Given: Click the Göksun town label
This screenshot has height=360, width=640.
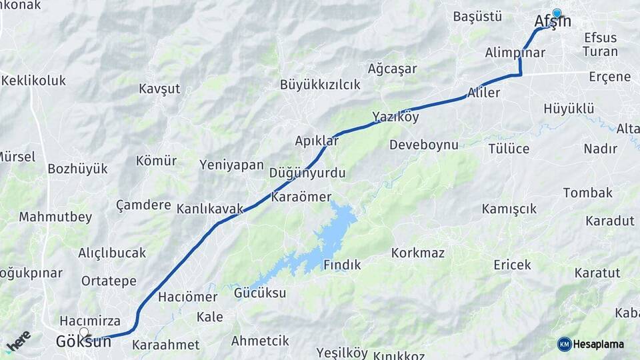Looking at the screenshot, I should (x=83, y=343).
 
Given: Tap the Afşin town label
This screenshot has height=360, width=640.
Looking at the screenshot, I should (x=553, y=21).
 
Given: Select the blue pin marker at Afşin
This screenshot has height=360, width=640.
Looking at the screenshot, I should (x=557, y=13).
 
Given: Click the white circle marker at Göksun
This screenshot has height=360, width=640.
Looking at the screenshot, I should (x=84, y=332).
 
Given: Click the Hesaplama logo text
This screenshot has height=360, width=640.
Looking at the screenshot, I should (x=599, y=344).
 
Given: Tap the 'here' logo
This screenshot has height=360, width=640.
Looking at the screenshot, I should (x=18, y=340).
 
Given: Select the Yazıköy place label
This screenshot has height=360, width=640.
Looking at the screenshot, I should (x=395, y=117).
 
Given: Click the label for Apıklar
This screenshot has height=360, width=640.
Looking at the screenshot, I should (x=317, y=141).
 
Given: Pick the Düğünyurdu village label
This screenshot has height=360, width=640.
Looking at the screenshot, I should (x=307, y=173).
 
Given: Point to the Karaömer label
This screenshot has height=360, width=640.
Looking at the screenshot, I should (x=301, y=197).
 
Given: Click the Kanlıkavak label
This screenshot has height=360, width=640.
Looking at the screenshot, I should (x=210, y=209).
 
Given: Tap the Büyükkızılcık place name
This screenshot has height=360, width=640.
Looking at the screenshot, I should (x=320, y=85).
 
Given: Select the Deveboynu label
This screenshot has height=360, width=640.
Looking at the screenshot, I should (x=424, y=145).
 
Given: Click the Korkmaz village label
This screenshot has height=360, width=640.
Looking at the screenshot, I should (x=418, y=253).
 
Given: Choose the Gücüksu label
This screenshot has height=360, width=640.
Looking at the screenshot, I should (x=260, y=293).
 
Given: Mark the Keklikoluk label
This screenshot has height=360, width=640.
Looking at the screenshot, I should (x=34, y=81).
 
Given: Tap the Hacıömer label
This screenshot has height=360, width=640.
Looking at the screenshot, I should (x=188, y=297).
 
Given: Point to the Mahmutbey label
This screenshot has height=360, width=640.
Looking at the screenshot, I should (x=55, y=217).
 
